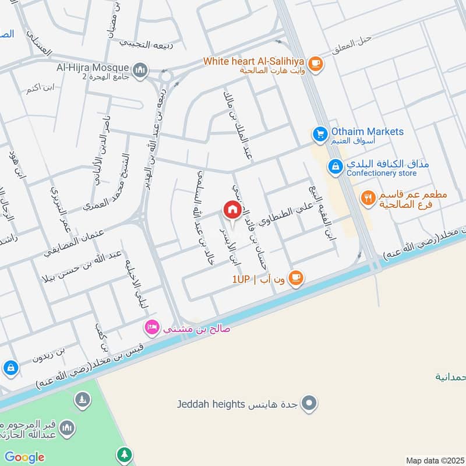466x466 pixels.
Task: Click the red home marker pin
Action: pos(232,210)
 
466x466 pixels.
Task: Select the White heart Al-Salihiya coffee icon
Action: pos(315,63)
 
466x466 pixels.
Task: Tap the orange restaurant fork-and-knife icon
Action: pos(368,199)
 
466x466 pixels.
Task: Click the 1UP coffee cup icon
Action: pos(296,278)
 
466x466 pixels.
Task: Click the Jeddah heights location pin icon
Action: pos(310,403)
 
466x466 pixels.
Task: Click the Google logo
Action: pos(24,457)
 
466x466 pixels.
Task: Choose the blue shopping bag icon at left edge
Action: pos(10,368)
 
